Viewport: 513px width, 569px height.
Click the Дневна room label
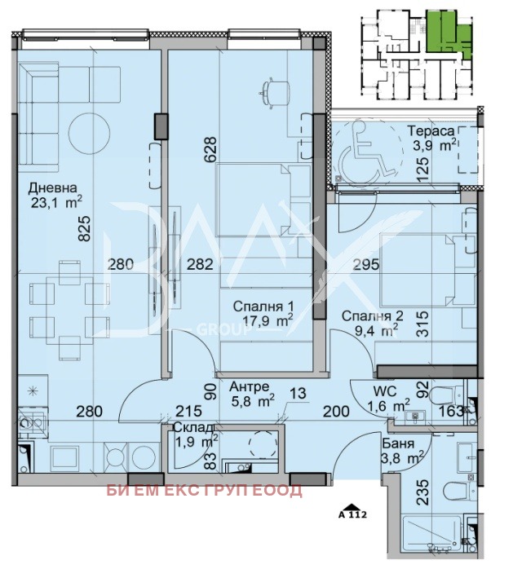click(53, 188)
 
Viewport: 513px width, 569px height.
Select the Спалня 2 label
click(372, 315)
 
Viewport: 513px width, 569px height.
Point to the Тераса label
click(431, 130)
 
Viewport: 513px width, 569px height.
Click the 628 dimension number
click(210, 149)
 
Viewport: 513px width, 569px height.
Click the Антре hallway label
click(250, 387)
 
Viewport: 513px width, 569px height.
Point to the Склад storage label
click(193, 427)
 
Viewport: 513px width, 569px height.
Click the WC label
click(385, 391)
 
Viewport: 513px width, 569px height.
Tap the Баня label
click(398, 443)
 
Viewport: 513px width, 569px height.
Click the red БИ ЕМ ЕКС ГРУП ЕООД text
click(204, 490)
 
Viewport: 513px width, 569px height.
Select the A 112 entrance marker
click(352, 512)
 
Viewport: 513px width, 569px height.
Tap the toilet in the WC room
click(447, 395)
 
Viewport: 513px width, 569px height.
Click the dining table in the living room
click(69, 311)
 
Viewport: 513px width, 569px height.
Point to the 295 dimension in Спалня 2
click(366, 265)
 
